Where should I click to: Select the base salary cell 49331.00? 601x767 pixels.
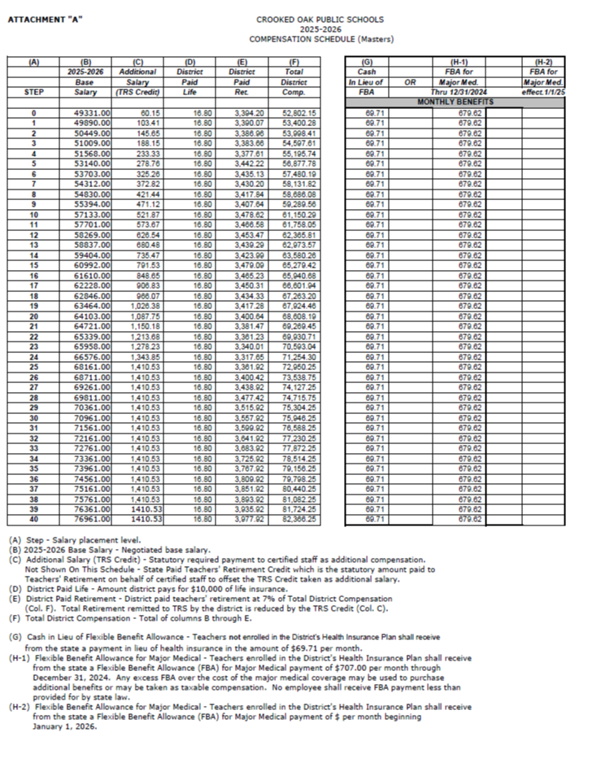pyautogui.click(x=85, y=113)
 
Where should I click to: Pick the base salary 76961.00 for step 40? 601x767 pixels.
pyautogui.click(x=85, y=517)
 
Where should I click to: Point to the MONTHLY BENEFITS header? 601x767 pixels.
pyautogui.click(x=454, y=102)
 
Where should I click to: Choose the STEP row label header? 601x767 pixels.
pyautogui.click(x=33, y=93)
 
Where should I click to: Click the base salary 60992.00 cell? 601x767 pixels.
pyautogui.click(x=85, y=264)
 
